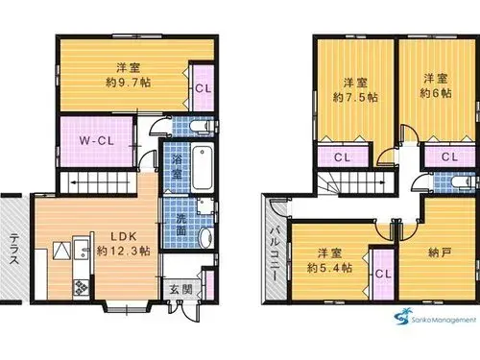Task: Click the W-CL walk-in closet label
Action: (x=96, y=141)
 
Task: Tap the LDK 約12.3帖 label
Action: (x=124, y=244)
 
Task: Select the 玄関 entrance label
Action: (x=180, y=290)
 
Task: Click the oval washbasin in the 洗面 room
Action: (x=205, y=238)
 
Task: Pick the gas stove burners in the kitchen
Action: (x=82, y=287)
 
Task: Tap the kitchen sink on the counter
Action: (x=82, y=250)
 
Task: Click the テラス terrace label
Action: (x=14, y=249)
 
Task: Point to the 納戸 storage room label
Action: (x=440, y=253)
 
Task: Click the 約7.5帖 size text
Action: (x=355, y=97)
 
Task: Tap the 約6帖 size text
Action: (x=436, y=93)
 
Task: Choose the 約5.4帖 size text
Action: (x=329, y=268)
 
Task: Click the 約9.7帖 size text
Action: (x=129, y=83)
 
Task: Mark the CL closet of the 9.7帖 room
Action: (x=203, y=88)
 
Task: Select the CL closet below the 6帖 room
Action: (x=449, y=157)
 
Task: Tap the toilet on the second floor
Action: (x=463, y=182)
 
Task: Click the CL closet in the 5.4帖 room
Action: (x=383, y=275)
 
